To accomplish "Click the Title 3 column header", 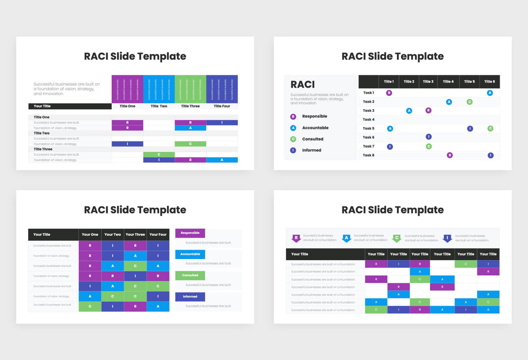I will click(x=428, y=81).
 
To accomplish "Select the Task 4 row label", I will click(x=368, y=119).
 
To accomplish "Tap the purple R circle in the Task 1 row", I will click(x=389, y=93).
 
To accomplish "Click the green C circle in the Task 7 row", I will click(x=429, y=147).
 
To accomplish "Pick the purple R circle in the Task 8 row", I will click(x=450, y=155).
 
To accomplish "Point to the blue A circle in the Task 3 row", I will click(x=409, y=110).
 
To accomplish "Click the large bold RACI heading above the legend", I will click(x=303, y=84).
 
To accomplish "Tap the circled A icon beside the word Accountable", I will click(x=293, y=128).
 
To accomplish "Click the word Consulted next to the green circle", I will click(x=312, y=139).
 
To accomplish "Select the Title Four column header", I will click(x=222, y=106).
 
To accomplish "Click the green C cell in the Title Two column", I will click(x=159, y=154).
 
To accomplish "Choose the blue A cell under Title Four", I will click(x=222, y=160).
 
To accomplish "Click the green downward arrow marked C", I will click(x=397, y=239).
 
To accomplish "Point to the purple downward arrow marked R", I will click(x=296, y=239).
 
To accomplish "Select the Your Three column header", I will click(x=135, y=235).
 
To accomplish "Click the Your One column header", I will click(x=90, y=235).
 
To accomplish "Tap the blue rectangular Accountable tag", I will click(x=190, y=254).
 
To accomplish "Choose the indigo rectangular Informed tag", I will click(x=190, y=297).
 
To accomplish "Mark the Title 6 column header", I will click(x=489, y=81).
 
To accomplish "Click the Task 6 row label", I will click(x=368, y=137).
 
